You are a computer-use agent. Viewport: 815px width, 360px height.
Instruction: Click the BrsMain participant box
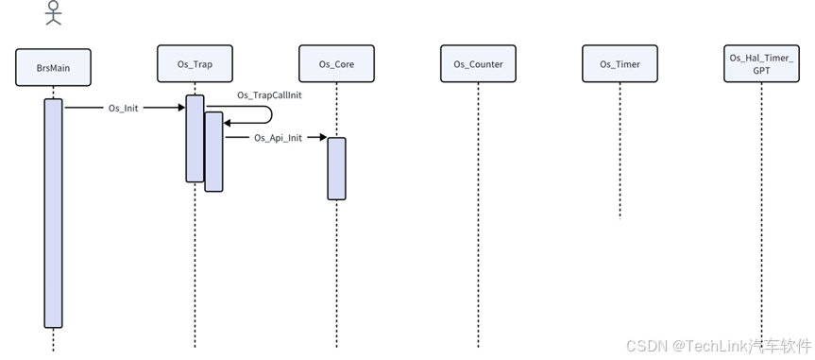(x=53, y=68)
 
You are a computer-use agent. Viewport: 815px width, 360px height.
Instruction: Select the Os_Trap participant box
(x=195, y=63)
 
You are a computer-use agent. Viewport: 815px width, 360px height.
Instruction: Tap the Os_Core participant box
(x=336, y=64)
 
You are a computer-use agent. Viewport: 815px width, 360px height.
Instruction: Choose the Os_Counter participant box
(x=478, y=64)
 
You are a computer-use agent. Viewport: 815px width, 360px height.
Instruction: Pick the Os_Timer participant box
(x=620, y=64)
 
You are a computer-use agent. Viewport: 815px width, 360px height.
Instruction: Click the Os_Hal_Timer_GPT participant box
(x=761, y=64)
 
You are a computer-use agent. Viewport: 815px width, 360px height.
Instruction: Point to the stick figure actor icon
(x=54, y=12)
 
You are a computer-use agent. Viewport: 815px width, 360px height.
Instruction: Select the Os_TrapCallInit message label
(x=269, y=95)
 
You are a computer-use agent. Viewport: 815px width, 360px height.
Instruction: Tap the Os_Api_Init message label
(x=278, y=138)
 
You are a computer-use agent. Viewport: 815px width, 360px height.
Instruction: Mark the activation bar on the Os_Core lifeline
(x=336, y=168)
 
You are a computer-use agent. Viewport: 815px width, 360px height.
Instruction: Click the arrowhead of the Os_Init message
(x=180, y=108)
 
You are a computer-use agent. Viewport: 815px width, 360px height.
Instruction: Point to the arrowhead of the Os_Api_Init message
(x=322, y=138)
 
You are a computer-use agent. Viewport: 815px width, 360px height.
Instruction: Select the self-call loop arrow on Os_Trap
(x=269, y=114)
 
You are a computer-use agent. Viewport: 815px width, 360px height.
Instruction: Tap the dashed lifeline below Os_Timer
(x=620, y=151)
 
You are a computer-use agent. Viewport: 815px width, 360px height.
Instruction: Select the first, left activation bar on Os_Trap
(x=195, y=138)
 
